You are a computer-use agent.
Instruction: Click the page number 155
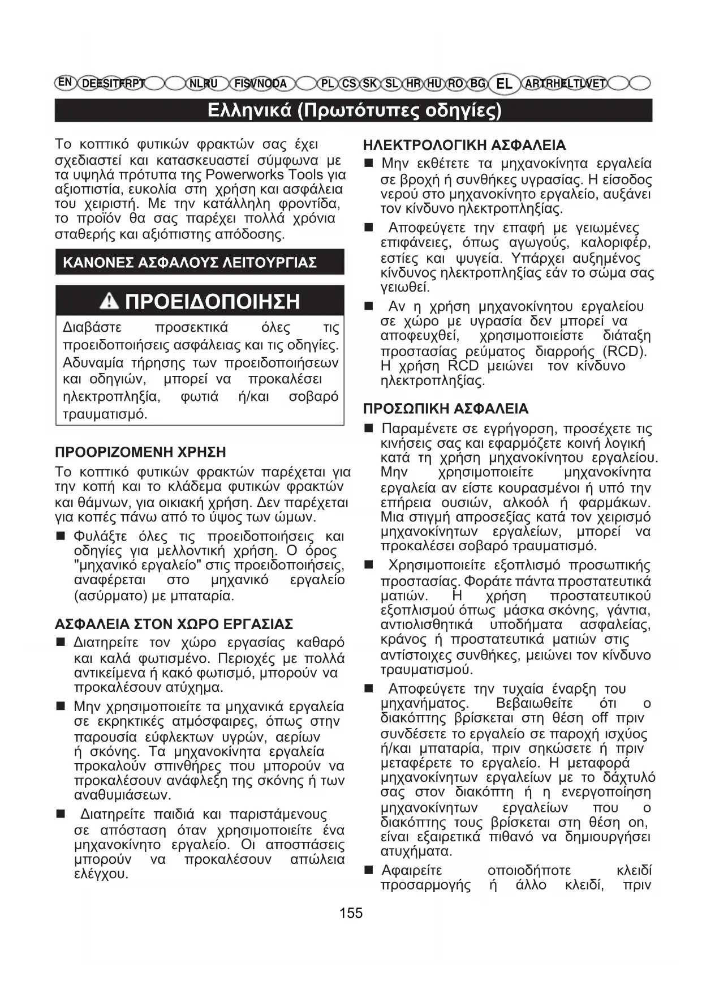pyautogui.click(x=351, y=913)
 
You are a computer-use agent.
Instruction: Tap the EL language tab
pyautogui.click(x=503, y=84)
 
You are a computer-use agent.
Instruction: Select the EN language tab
pyautogui.click(x=66, y=82)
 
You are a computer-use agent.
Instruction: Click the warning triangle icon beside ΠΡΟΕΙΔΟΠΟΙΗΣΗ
pyautogui.click(x=109, y=301)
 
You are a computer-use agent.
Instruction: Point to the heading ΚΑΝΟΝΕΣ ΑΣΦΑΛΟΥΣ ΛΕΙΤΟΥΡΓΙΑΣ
pyautogui.click(x=190, y=263)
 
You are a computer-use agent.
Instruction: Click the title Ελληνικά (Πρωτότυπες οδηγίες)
pyautogui.click(x=354, y=110)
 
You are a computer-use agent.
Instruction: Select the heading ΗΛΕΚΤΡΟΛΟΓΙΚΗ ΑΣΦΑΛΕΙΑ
pyautogui.click(x=464, y=145)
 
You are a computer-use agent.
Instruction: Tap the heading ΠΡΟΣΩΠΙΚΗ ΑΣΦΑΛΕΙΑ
pyautogui.click(x=445, y=409)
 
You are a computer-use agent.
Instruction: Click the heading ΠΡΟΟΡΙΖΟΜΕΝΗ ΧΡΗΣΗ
pyautogui.click(x=140, y=452)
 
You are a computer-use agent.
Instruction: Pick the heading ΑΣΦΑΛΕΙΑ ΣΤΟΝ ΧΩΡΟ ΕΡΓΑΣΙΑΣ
pyautogui.click(x=174, y=624)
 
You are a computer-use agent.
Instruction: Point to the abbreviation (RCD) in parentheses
pyautogui.click(x=625, y=351)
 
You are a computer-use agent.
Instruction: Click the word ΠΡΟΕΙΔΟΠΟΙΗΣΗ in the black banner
pyautogui.click(x=212, y=301)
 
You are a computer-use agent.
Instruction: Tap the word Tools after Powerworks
pyautogui.click(x=305, y=174)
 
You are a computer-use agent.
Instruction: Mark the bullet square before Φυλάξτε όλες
pyautogui.click(x=61, y=536)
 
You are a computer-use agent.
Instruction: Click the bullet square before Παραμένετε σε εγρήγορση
pyautogui.click(x=368, y=429)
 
